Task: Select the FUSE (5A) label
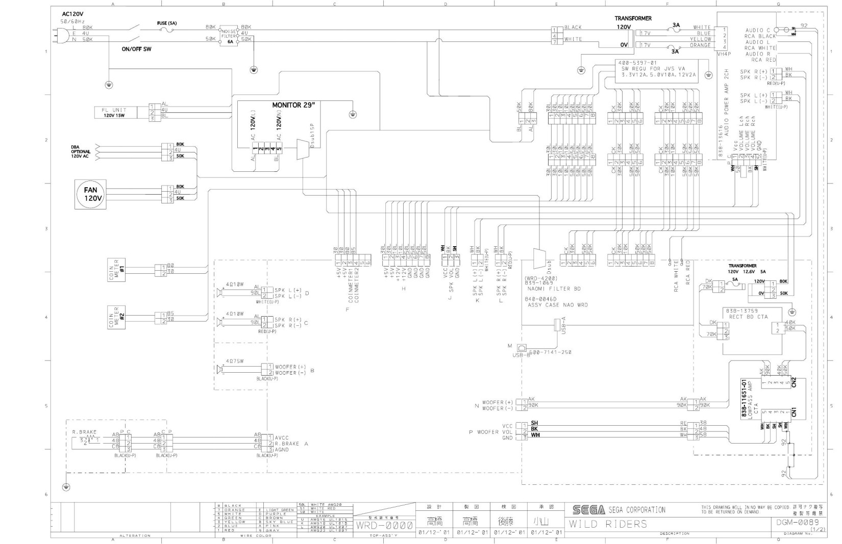point(167,23)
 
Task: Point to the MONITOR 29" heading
point(293,106)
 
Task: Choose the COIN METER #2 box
point(117,317)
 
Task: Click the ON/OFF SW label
point(136,49)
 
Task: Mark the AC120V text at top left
point(72,14)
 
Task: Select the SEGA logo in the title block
point(588,510)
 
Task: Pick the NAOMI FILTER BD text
point(554,289)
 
